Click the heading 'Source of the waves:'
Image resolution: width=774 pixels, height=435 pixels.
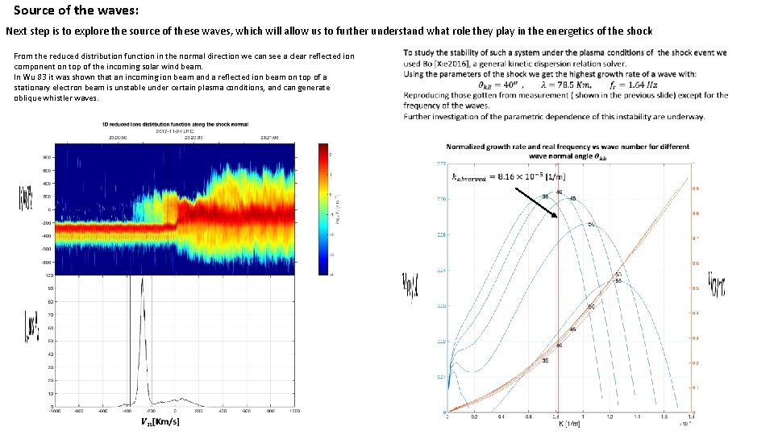coord(76,11)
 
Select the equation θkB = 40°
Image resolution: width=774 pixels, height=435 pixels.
coord(500,85)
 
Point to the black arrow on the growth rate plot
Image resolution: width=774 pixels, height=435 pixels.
coord(536,203)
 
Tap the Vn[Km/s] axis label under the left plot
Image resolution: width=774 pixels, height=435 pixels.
coord(160,421)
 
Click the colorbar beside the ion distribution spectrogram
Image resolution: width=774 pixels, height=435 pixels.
coord(324,209)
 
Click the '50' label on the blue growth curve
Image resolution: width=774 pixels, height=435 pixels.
coord(591,224)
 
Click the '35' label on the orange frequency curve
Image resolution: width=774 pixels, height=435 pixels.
coord(545,360)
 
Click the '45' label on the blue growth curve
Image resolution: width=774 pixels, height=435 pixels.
coord(572,198)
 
